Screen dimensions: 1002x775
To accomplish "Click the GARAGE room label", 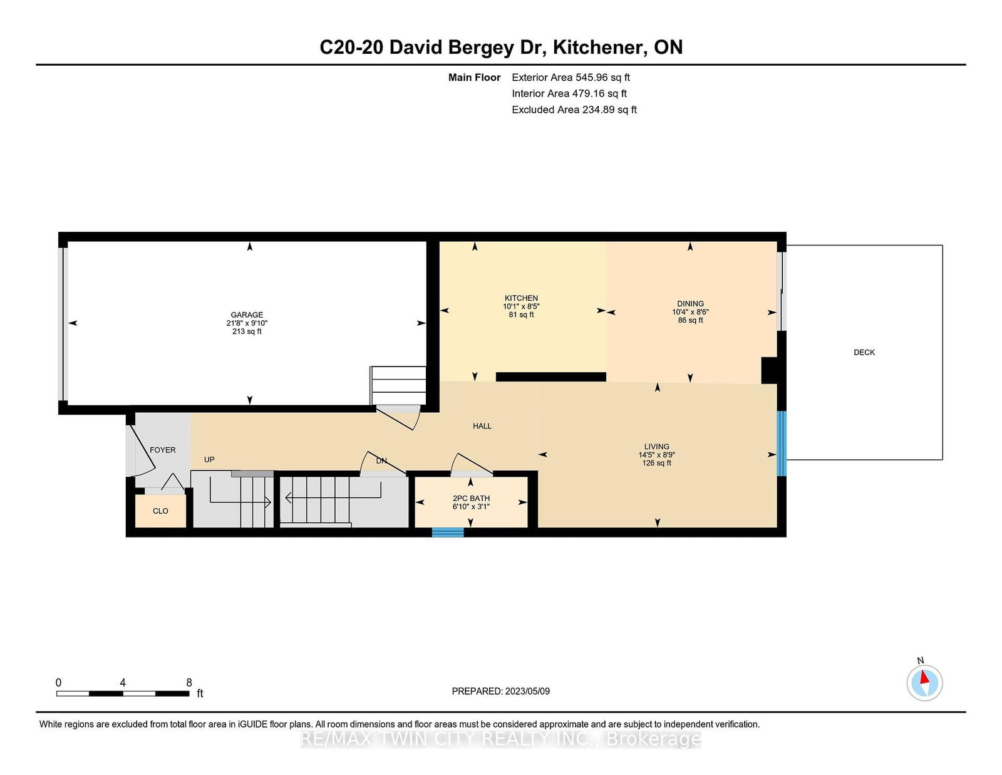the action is pos(247,315).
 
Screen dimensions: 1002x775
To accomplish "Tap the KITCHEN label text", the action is pos(521,298).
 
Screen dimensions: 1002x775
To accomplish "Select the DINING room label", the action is pos(690,303).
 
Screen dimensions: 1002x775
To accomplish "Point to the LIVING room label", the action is pos(657,447).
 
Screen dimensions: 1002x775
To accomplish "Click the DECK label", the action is pos(864,353).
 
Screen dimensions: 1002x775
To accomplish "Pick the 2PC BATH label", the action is pos(471,498).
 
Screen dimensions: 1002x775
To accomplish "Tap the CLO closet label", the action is pos(160,511).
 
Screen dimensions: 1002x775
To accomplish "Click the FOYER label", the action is pos(163,450).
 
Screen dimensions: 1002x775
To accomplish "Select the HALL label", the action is pos(482,426).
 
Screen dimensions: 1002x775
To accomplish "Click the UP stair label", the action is pos(209,459).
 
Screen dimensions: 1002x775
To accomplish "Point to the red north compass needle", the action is pos(924,677).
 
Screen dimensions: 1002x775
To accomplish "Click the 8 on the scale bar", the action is pos(189,682).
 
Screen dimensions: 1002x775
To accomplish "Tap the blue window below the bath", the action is pos(448,533).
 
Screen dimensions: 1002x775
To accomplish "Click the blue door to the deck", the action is pos(782,444).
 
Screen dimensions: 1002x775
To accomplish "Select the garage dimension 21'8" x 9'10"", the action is pos(247,323).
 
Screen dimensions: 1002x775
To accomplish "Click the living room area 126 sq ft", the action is pos(657,463).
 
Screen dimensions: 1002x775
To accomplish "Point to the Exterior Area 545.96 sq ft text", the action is pos(571,78).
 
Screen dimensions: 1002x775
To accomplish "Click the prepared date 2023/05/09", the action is pos(527,691).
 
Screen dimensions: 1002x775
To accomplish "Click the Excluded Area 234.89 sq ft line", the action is pos(574,110).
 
